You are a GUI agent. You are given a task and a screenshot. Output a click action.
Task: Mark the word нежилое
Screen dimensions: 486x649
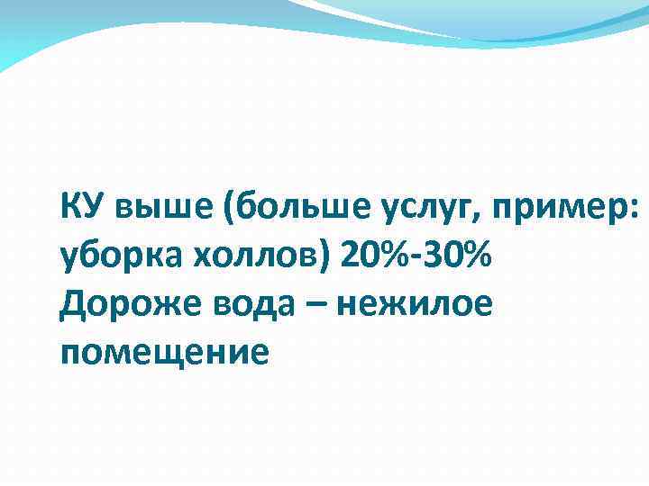(x=414, y=305)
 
